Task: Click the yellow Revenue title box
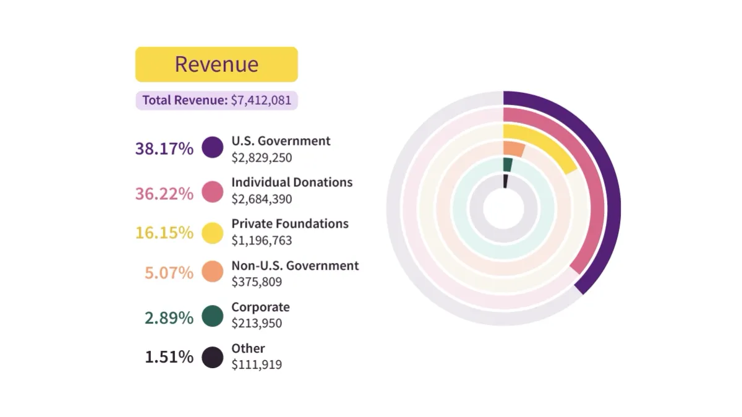pos(216,64)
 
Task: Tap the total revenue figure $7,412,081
pos(260,100)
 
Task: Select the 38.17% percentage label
pos(164,148)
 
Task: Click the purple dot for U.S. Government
pos(213,147)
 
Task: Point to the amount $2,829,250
pos(262,158)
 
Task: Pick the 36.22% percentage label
pos(164,194)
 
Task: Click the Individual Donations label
pos(292,182)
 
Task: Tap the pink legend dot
pos(213,192)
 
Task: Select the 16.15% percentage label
pos(164,233)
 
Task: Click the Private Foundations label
pos(290,223)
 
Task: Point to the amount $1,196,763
pos(262,240)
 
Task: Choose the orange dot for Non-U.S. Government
pos(213,272)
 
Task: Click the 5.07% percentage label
pos(169,272)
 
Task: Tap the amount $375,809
pos(257,282)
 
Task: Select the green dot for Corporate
pos(213,316)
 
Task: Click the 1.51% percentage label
pos(169,357)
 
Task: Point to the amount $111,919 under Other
pos(257,364)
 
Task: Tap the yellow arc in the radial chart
pos(556,147)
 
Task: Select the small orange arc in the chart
pos(514,148)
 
